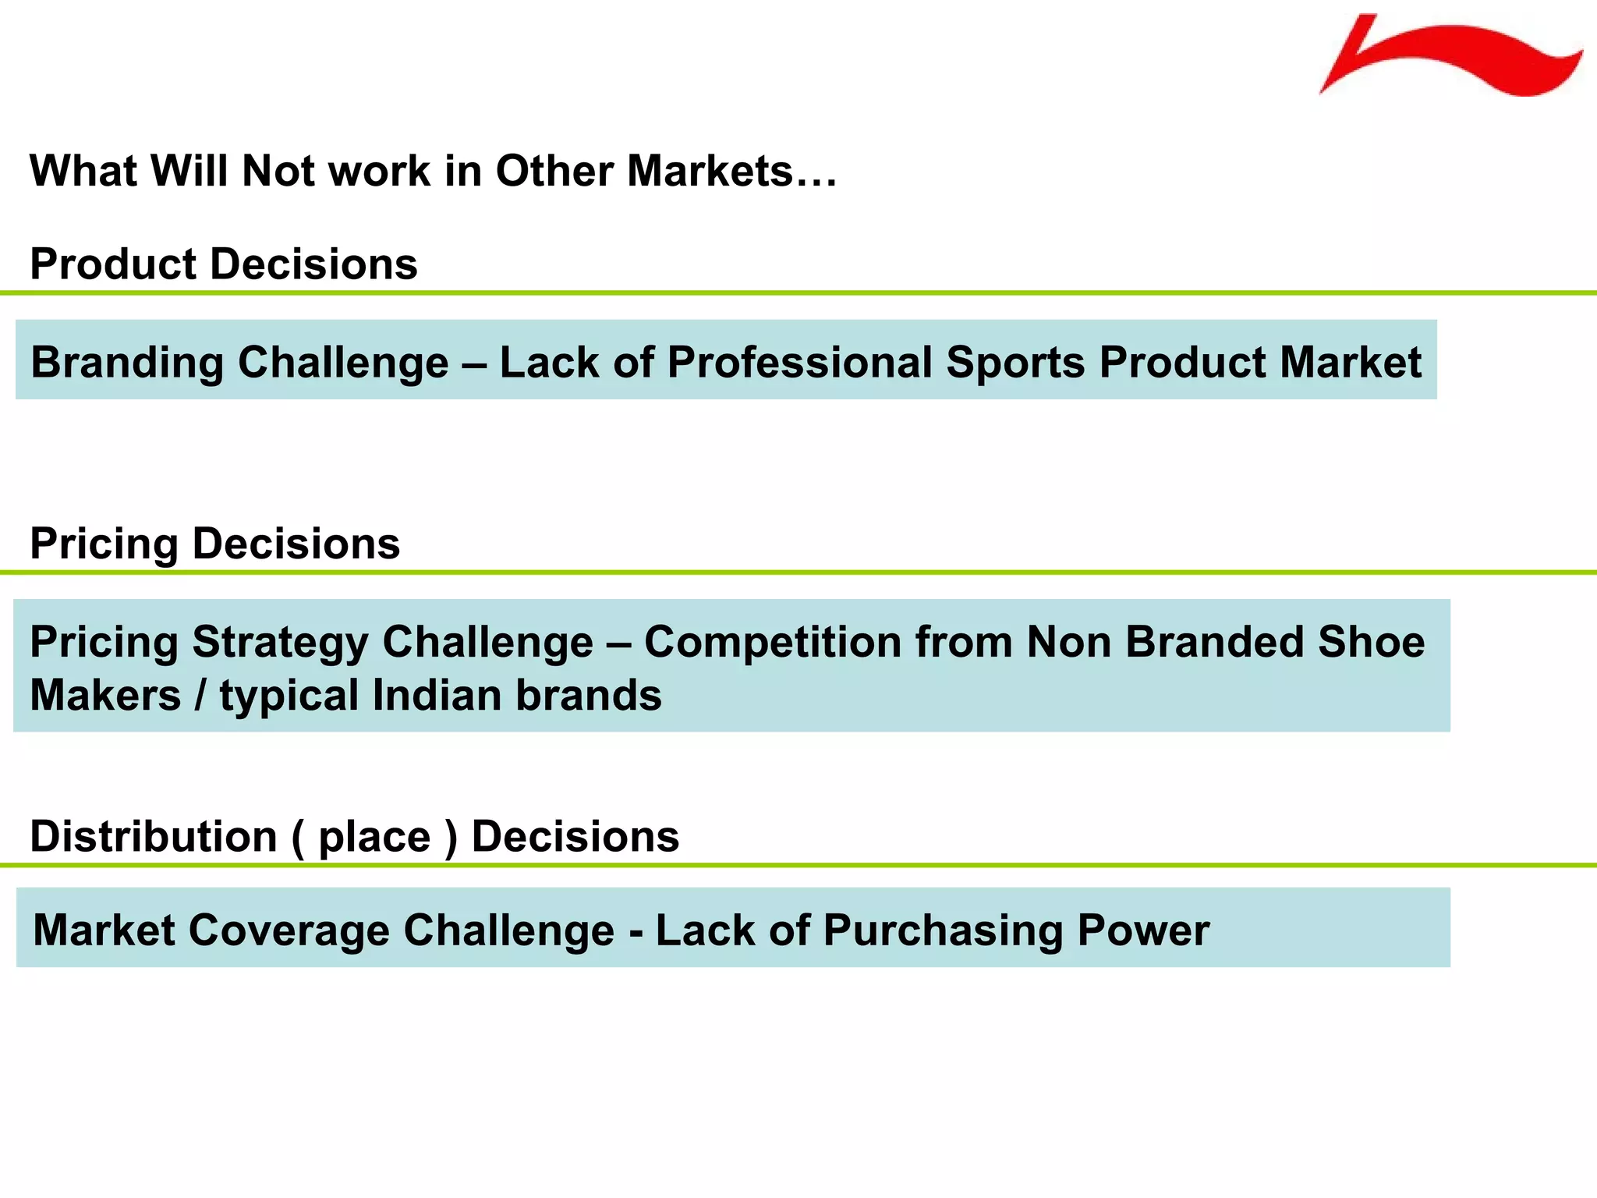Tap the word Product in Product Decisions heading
113,264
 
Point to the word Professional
799,363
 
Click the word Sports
1015,363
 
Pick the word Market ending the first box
1351,363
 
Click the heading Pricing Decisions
214,544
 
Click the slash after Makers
200,695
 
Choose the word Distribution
154,836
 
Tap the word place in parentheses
374,838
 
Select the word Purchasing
943,931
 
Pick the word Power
1143,930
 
